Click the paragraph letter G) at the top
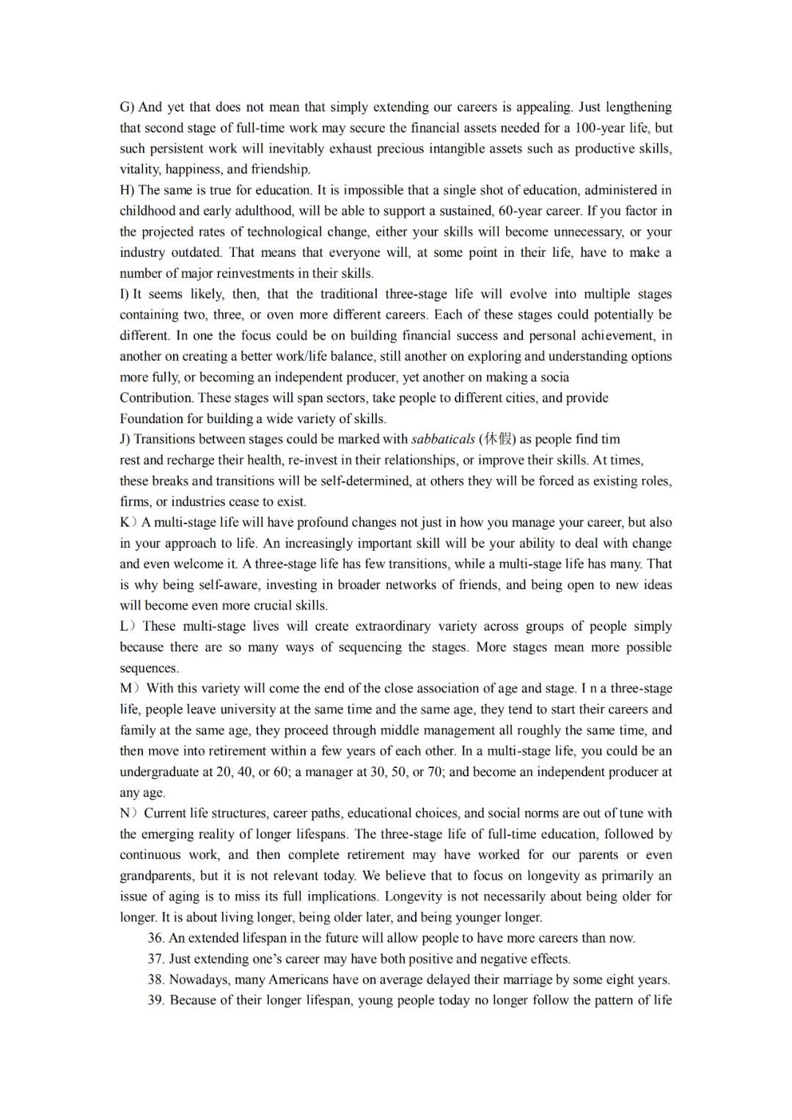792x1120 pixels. click(127, 107)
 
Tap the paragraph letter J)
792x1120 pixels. click(125, 439)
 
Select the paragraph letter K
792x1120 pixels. click(125, 522)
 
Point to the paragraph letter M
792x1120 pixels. click(127, 688)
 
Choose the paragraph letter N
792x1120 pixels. click(126, 813)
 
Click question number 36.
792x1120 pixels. click(155, 937)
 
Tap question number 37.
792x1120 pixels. click(155, 959)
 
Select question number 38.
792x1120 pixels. click(155, 979)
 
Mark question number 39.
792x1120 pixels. click(155, 1000)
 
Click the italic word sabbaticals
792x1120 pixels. click(443, 439)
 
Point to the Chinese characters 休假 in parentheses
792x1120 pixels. click(498, 439)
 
